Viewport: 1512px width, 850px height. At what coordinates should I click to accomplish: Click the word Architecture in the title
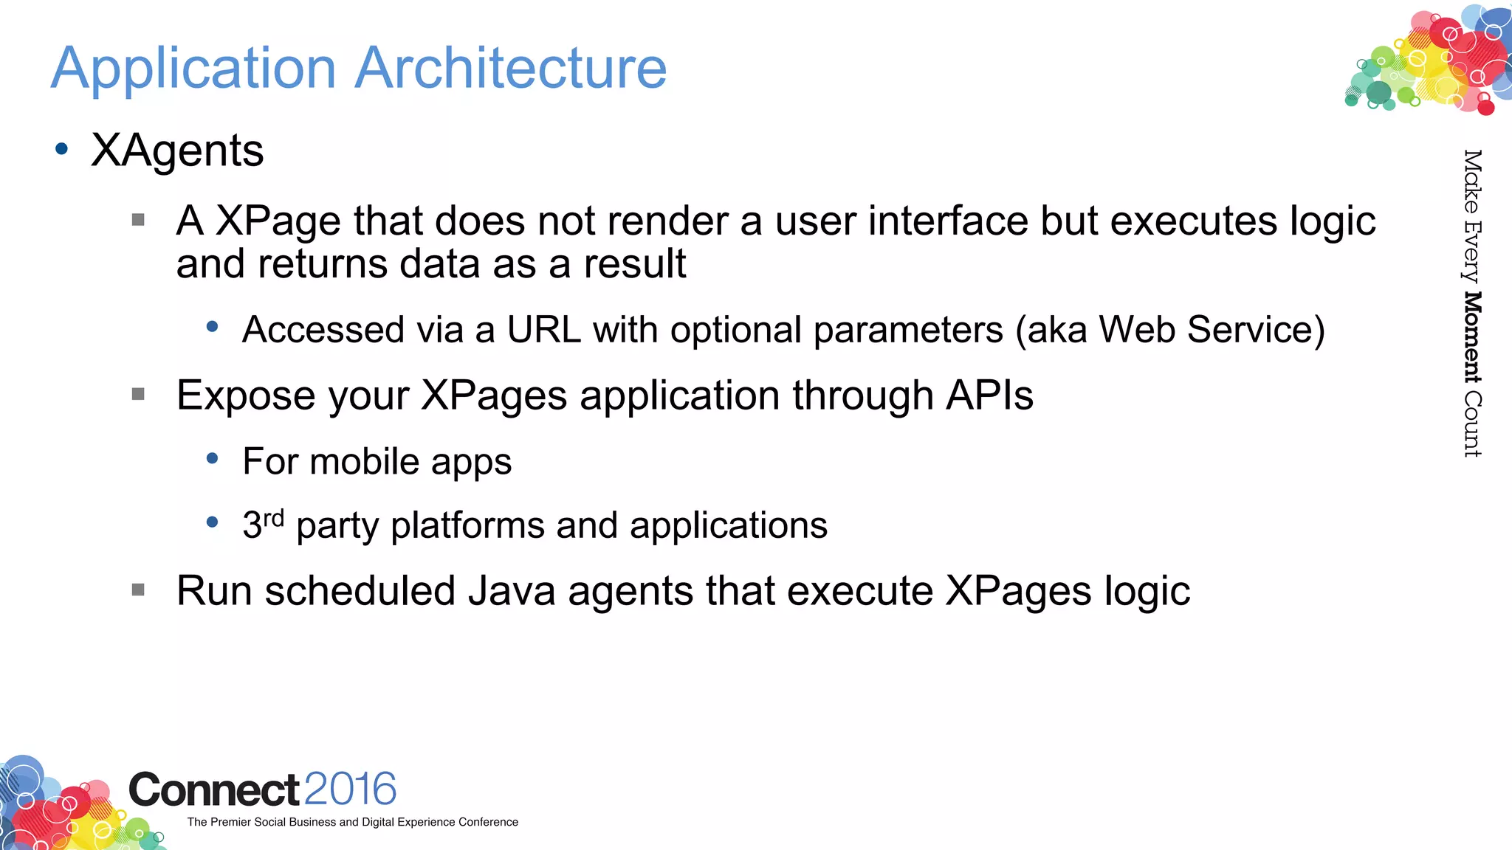coord(511,68)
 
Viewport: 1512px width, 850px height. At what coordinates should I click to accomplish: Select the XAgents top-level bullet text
coord(177,151)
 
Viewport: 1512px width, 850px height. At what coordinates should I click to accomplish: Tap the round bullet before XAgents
coord(62,150)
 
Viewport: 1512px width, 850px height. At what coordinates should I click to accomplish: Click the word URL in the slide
coord(543,329)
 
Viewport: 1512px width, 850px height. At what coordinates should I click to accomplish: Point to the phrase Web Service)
coord(1212,329)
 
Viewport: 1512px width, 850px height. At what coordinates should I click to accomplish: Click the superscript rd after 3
coord(274,517)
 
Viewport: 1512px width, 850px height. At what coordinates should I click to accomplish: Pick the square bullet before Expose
coord(138,394)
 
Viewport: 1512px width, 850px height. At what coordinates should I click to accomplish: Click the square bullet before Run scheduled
coord(138,590)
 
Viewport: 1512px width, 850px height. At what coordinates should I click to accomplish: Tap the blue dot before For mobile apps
coord(213,459)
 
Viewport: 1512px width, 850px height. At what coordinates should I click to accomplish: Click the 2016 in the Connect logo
coord(350,789)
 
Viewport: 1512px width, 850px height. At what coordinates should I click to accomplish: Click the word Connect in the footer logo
coord(214,790)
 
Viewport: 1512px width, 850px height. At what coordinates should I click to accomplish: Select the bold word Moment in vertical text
coord(1472,337)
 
